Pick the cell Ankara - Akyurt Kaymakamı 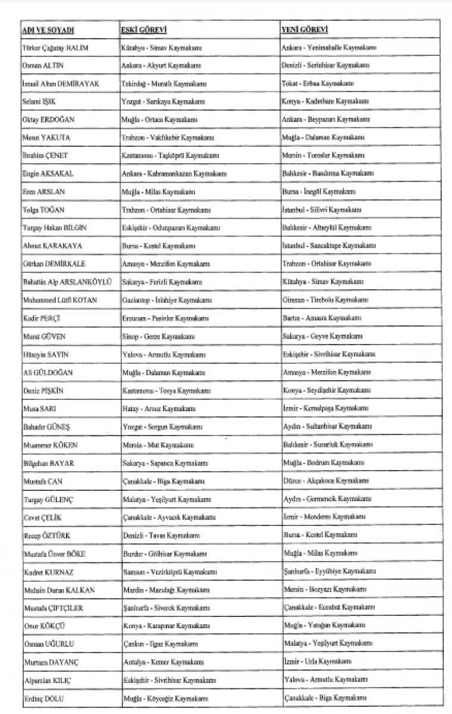pos(161,66)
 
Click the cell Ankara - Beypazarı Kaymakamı pos(325,120)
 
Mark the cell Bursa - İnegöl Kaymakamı pos(319,192)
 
